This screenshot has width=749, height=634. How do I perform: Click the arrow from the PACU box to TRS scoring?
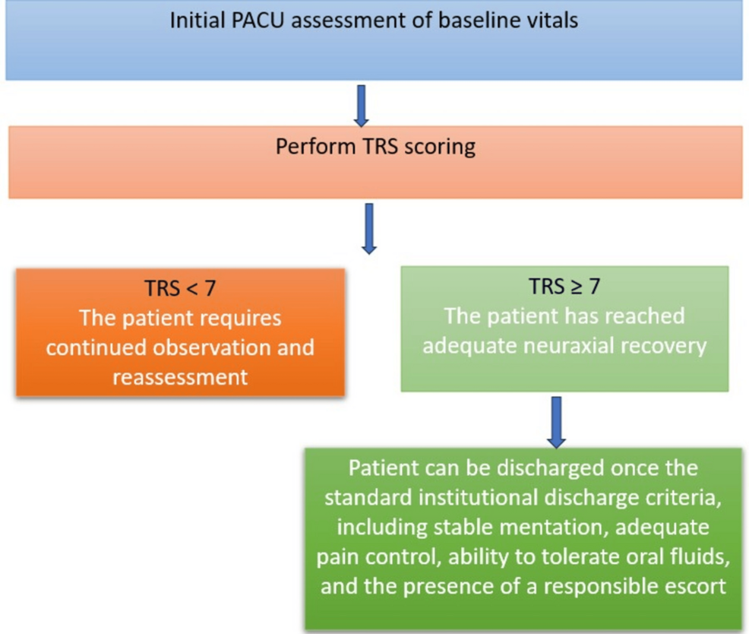click(362, 106)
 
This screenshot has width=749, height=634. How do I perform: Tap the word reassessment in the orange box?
click(180, 376)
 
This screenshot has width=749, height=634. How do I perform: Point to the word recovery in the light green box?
click(666, 344)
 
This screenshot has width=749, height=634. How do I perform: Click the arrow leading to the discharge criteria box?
click(557, 421)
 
